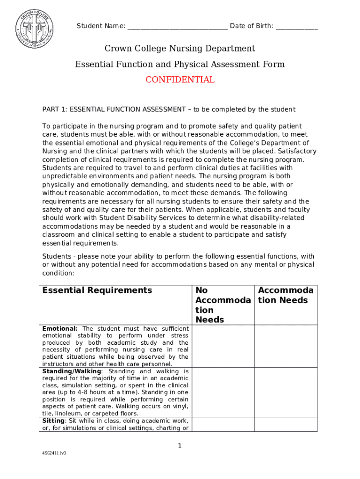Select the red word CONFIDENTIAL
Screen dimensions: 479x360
(x=180, y=80)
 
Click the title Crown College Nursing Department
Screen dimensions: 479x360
(x=180, y=49)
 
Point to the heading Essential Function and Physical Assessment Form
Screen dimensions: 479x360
(x=180, y=65)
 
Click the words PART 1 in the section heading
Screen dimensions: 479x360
(x=54, y=109)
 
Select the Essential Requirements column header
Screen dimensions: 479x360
(x=97, y=290)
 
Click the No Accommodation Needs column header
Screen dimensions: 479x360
(x=223, y=305)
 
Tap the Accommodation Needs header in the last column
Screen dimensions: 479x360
(x=286, y=295)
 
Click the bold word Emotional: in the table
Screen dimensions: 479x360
(x=60, y=329)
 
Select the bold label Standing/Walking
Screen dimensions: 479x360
(x=72, y=371)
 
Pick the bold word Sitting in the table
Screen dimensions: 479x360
(x=53, y=421)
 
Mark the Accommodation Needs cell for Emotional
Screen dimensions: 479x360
(x=286, y=346)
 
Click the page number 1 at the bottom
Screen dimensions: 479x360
(x=180, y=446)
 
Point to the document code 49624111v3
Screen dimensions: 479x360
(x=54, y=453)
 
